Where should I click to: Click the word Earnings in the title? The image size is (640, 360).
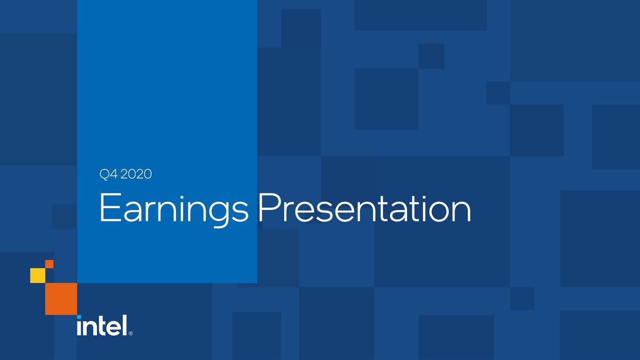(x=174, y=210)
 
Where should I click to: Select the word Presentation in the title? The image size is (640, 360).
(x=365, y=208)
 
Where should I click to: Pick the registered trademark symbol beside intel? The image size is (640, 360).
(x=130, y=333)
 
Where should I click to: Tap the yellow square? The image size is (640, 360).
(x=38, y=275)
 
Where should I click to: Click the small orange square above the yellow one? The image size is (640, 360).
(x=49, y=264)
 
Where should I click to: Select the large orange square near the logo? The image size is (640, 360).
(x=61, y=299)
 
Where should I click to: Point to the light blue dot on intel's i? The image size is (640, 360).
(x=79, y=317)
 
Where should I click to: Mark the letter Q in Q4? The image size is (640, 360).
(x=104, y=175)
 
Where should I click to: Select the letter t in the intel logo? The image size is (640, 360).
(x=98, y=326)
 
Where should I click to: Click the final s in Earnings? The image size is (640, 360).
(x=240, y=212)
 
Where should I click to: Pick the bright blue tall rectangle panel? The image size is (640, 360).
(x=167, y=142)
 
